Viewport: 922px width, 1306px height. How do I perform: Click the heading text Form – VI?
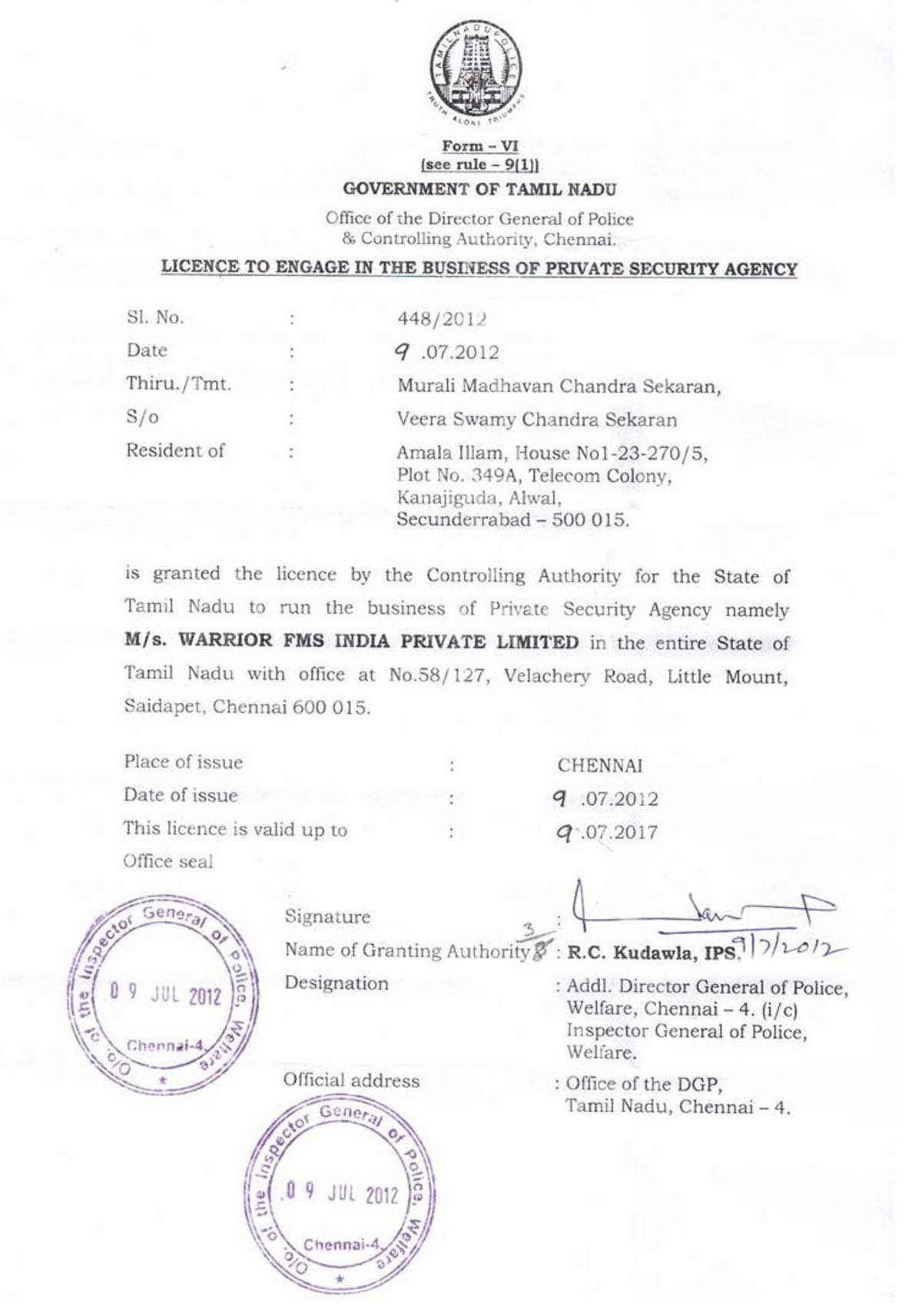(480, 146)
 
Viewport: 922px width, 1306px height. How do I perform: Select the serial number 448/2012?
(442, 318)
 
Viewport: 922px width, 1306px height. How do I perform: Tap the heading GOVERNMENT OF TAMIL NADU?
(479, 189)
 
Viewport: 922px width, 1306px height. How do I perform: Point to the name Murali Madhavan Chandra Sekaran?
(559, 386)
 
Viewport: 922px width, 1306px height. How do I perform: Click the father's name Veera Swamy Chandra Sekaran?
(536, 419)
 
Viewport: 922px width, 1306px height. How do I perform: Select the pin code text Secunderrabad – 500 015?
(512, 520)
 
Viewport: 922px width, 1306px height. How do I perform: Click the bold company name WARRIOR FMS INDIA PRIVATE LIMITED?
(378, 641)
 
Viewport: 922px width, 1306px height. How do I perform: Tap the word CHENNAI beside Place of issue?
(600, 765)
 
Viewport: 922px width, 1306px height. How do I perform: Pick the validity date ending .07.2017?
(607, 832)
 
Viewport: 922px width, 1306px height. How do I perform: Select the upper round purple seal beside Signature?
(164, 994)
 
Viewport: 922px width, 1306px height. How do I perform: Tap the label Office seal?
(167, 861)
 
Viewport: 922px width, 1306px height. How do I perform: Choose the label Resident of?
(175, 450)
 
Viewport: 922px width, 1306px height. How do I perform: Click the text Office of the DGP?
(644, 1084)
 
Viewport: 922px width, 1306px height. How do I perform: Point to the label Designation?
(336, 983)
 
